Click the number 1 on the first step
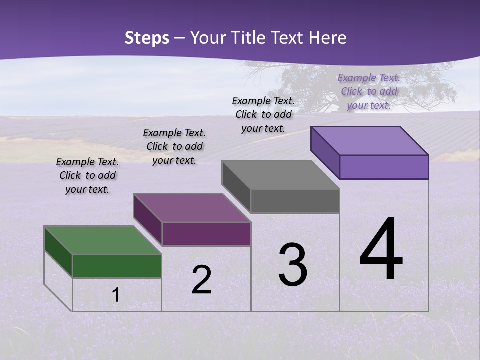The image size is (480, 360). (116, 295)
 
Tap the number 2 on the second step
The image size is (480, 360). (201, 279)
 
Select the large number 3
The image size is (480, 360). (293, 265)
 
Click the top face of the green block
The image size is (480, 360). (102, 240)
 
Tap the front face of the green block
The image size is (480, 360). (117, 266)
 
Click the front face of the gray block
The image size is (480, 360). (295, 201)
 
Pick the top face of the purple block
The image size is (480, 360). (370, 140)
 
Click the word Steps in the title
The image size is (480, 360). (147, 38)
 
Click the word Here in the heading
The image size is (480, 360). (327, 38)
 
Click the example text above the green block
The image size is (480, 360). (87, 175)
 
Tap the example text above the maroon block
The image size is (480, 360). (174, 146)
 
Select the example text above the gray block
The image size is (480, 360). (263, 114)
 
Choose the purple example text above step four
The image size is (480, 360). (369, 91)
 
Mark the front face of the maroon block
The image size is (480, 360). (206, 234)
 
